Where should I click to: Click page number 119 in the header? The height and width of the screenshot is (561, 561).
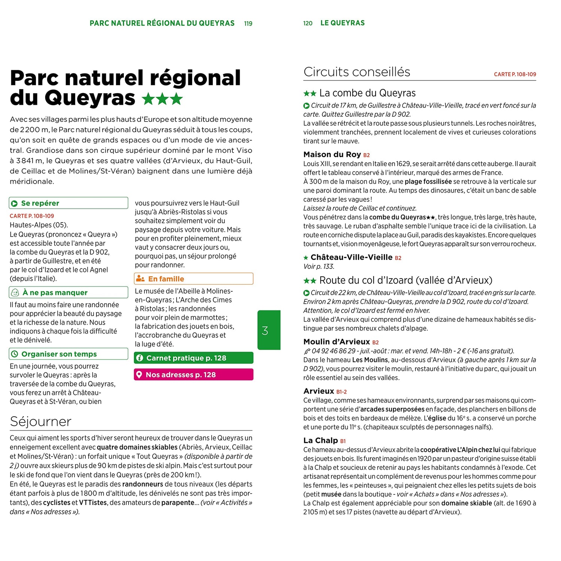pos(248,24)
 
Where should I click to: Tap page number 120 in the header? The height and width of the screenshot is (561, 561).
pos(307,24)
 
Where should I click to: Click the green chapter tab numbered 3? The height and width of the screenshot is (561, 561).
pos(269,330)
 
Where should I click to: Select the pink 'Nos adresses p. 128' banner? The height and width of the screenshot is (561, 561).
pos(193,375)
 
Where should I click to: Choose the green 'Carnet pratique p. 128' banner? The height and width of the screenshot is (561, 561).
pos(193,358)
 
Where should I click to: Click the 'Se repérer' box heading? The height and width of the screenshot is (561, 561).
pos(40,203)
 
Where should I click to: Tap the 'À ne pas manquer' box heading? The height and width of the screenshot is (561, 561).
pos(55,292)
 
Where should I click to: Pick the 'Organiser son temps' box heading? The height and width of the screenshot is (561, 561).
pos(59,354)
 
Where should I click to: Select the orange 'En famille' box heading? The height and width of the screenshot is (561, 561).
pos(166,279)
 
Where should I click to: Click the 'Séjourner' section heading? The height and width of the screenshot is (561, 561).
pos(40,421)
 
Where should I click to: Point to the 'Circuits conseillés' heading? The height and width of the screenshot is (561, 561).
pos(356,72)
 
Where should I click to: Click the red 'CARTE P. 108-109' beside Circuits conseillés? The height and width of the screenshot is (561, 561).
pos(515,74)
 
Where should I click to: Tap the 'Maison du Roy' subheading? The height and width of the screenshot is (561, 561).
pos(332,154)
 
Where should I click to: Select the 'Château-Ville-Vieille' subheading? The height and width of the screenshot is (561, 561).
pos(351,257)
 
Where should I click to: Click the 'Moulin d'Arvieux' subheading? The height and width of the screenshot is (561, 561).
pos(336,342)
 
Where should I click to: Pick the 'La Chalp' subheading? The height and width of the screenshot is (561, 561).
pos(320,441)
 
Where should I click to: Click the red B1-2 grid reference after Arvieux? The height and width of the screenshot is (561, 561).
pos(341,392)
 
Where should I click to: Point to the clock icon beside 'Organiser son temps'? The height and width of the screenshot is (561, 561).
pos(15,354)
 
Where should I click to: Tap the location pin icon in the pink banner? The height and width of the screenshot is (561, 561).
pos(139,375)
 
